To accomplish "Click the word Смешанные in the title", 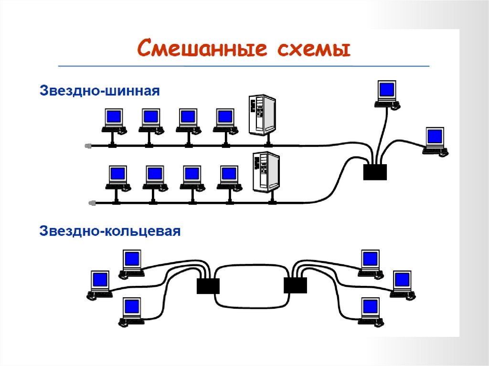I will pyautogui.click(x=197, y=49).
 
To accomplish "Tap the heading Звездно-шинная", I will pyautogui.click(x=99, y=91).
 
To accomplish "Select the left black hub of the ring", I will pyautogui.click(x=208, y=286).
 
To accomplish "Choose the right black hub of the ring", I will pyautogui.click(x=296, y=286).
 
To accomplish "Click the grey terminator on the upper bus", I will pyautogui.click(x=87, y=146).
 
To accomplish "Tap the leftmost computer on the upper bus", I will pyautogui.click(x=114, y=121).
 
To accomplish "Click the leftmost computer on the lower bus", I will pyautogui.click(x=117, y=177).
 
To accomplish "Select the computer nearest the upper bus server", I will pyautogui.click(x=225, y=121).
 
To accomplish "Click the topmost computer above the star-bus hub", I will pyautogui.click(x=386, y=94).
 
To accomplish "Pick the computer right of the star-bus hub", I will pyautogui.click(x=435, y=140).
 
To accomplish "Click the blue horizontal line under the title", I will pyautogui.click(x=244, y=65).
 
